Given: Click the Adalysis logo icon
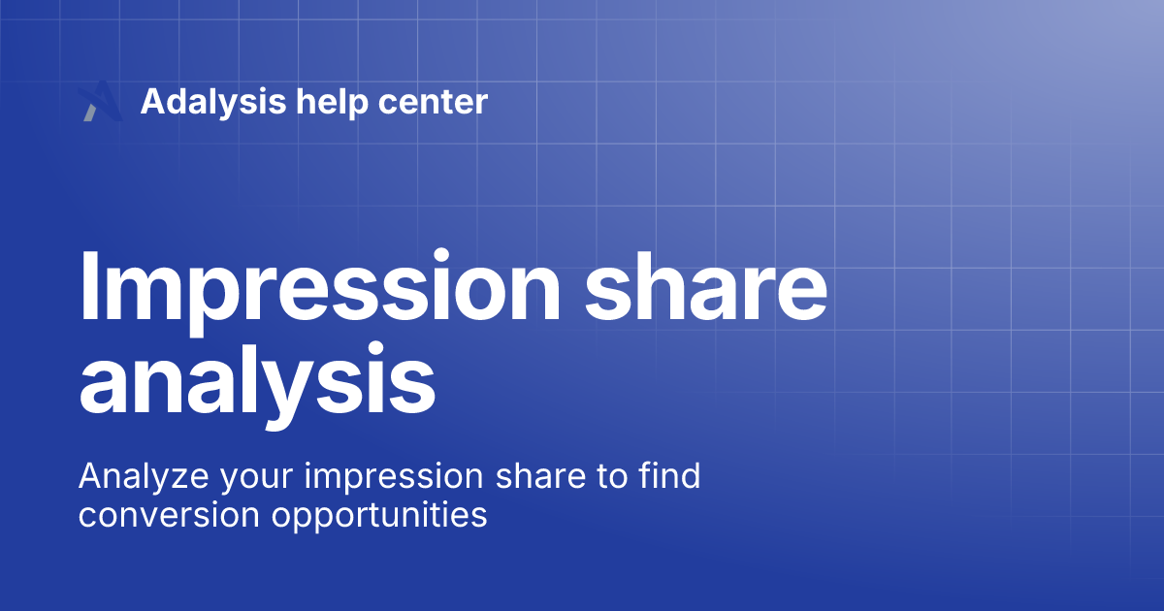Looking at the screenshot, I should click(x=100, y=102).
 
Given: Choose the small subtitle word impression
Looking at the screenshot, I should click(x=388, y=477).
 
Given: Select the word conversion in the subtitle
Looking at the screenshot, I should click(x=170, y=515).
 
